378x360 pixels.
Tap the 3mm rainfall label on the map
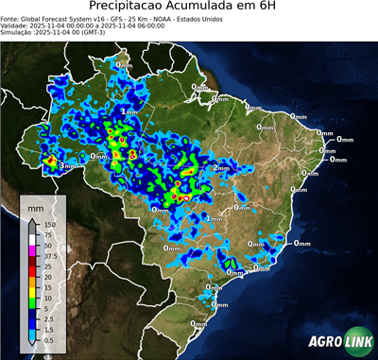coord(67,166)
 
